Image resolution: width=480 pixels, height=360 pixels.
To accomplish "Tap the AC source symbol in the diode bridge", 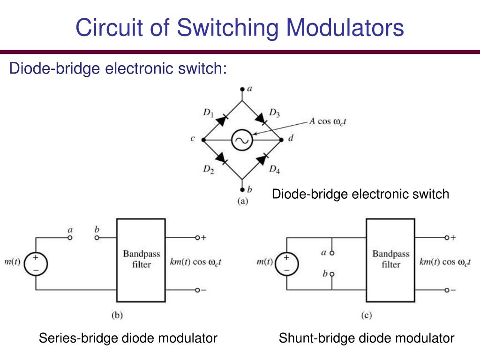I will tap(242, 140).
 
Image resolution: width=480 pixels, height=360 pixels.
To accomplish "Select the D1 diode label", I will tap(208, 112).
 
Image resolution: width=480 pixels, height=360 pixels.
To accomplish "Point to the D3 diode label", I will tap(275, 112).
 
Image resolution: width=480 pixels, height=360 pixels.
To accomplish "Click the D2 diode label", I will tap(208, 169).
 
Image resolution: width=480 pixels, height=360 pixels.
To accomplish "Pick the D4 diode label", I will tap(275, 169).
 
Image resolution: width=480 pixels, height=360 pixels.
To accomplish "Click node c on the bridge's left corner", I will tap(203, 140).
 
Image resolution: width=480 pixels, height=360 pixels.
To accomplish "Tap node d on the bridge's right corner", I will tap(281, 140).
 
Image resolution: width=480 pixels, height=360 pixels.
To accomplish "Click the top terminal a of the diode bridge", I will tap(242, 89).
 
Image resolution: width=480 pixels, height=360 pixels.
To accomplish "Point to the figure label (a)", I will tap(242, 202).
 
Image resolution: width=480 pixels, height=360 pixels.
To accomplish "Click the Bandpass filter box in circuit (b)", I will tap(141, 260).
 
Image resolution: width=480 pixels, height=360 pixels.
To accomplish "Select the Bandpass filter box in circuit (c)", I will tap(390, 260).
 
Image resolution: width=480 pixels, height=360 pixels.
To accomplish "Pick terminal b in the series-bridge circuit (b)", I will tap(97, 238).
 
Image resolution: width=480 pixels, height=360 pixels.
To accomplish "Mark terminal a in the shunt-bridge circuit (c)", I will tap(331, 253).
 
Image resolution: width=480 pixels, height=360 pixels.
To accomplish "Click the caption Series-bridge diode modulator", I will tap(128, 338).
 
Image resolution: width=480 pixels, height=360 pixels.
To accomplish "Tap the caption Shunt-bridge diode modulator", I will tap(367, 338).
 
